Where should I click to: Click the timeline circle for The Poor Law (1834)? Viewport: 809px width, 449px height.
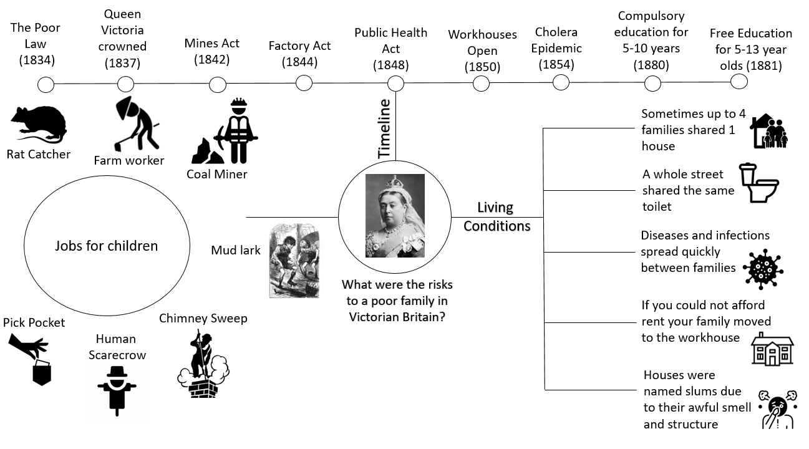click(46, 85)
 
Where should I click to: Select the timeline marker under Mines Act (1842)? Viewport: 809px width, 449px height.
click(217, 85)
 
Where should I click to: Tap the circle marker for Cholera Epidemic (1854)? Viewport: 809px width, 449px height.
click(561, 82)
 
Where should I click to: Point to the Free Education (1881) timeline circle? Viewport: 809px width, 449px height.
click(739, 81)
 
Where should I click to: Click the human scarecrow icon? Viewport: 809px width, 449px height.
click(117, 390)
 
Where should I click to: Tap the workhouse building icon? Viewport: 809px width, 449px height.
click(772, 349)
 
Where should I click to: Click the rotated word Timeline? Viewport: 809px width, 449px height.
click(384, 128)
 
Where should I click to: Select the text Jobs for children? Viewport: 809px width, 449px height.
click(106, 246)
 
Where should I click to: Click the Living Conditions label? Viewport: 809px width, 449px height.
click(497, 216)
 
